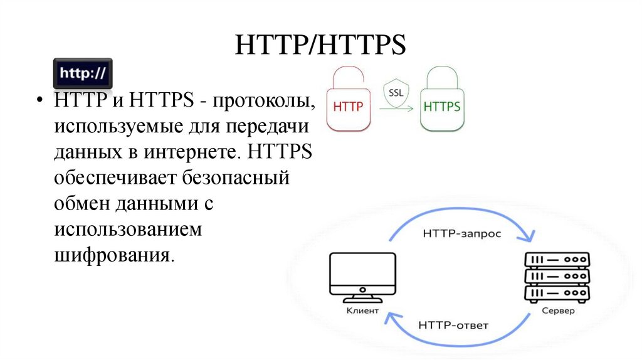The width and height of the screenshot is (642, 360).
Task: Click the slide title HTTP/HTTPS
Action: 320,46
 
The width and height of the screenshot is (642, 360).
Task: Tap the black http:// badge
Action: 82,73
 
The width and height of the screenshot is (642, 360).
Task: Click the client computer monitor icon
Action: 362,276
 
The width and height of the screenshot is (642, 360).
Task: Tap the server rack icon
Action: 557,276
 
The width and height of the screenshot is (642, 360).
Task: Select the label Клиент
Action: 362,310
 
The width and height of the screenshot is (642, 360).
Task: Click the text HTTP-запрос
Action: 461,234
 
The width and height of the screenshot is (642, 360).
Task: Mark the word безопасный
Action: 236,178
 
